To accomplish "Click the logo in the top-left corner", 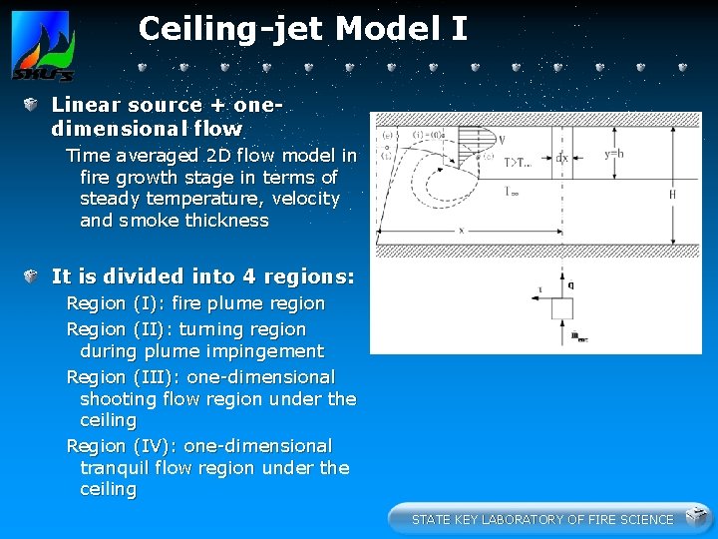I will click(x=42, y=45).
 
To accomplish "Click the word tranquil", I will click(x=115, y=468).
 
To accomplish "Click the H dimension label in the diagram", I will click(x=672, y=195).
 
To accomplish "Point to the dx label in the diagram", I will click(x=562, y=157).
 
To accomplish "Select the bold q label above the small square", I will click(x=570, y=284).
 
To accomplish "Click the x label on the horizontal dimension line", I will click(x=463, y=230).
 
